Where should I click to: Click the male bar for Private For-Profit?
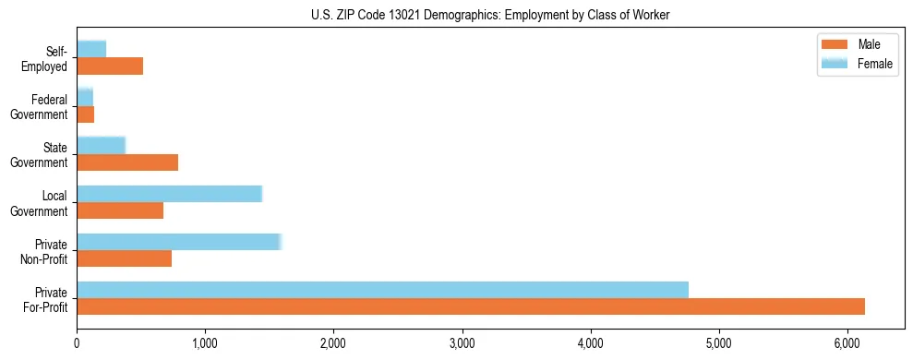coord(471,306)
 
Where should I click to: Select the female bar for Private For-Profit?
coord(382,290)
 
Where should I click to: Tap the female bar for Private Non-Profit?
coord(178,242)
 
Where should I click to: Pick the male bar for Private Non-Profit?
coord(124,258)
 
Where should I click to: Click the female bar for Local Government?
coord(169,194)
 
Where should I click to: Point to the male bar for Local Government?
coord(120,210)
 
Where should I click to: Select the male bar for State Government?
coord(127,162)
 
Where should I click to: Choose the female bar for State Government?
coord(101,146)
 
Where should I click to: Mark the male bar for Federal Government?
coord(85,114)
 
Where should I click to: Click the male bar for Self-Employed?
coord(110,66)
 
